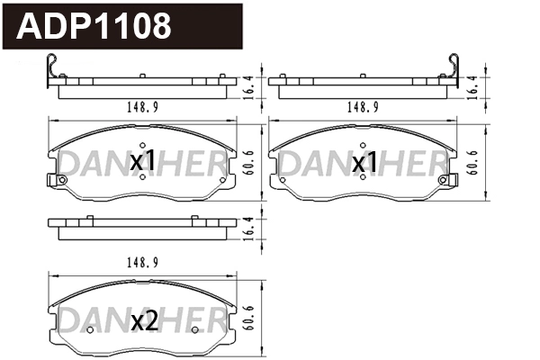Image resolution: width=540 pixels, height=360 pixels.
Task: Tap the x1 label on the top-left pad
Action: tap(143, 162)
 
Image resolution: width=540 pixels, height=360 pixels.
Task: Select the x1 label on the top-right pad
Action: tap(364, 163)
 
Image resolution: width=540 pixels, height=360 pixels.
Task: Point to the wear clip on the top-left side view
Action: tap(53, 73)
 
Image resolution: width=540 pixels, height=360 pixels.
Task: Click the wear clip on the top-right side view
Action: tap(454, 73)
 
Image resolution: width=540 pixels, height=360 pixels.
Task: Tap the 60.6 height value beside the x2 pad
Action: tap(249, 319)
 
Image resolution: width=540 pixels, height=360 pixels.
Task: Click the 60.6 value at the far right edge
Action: tap(473, 162)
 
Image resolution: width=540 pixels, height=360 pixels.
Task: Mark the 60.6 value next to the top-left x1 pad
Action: tap(249, 162)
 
